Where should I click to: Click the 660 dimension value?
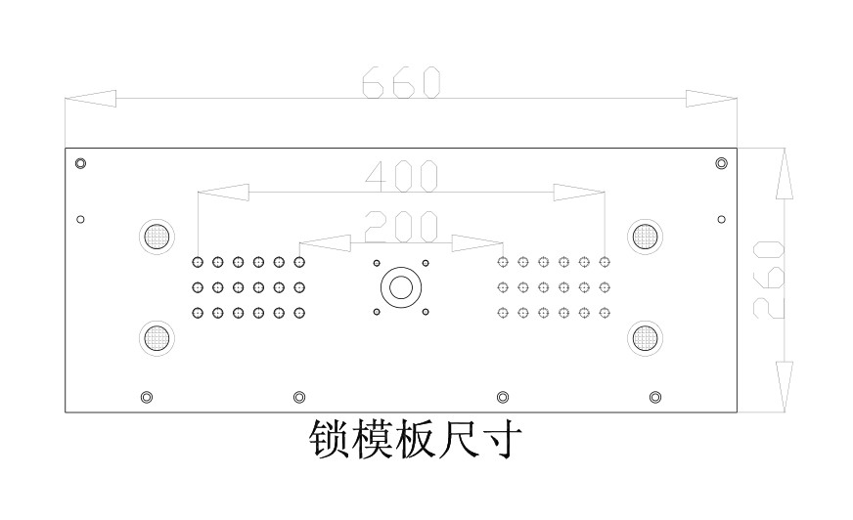pos(401,82)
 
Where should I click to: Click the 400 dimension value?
pos(401,176)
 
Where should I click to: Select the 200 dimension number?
pos(401,227)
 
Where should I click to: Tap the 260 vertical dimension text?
pos(768,280)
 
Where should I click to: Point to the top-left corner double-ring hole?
pos(80,163)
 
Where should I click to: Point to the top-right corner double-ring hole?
pos(721,163)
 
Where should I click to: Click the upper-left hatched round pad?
pos(157,237)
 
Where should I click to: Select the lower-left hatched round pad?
pos(157,338)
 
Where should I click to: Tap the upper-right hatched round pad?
pos(646,237)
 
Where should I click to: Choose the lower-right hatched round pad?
pos(646,338)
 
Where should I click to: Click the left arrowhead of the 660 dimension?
pos(90,99)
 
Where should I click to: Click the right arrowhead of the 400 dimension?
pos(579,193)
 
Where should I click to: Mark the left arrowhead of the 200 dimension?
pos(326,242)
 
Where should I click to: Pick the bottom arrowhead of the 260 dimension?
pos(784,387)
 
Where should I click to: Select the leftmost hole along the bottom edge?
pos(147,397)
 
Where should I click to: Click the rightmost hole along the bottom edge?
pos(655,397)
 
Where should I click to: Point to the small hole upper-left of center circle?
pos(377,264)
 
